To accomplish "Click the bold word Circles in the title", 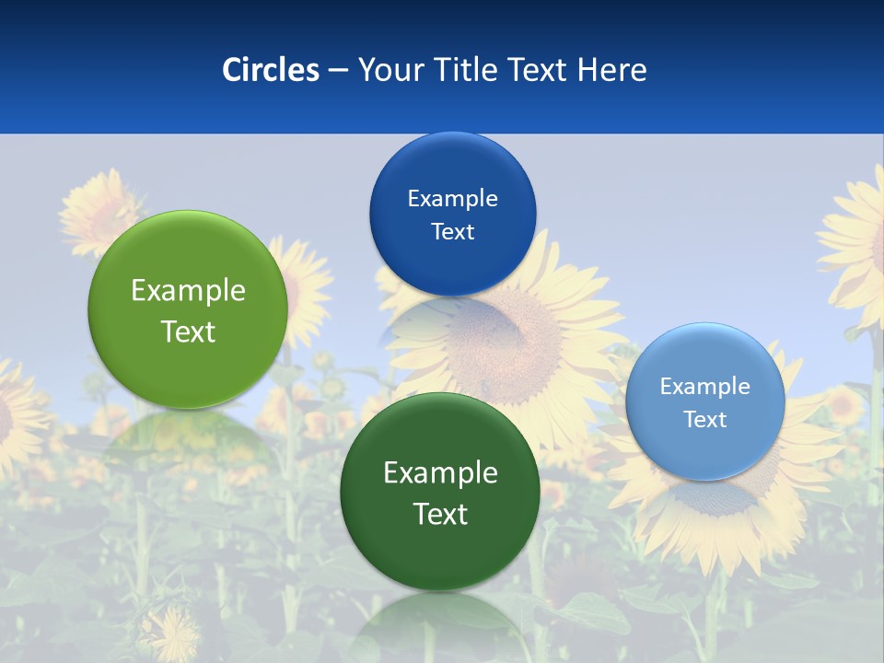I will click(x=270, y=70).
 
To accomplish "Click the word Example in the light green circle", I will click(x=188, y=291).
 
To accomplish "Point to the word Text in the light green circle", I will click(x=188, y=331).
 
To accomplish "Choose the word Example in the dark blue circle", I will click(x=452, y=199).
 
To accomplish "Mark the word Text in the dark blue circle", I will click(x=452, y=232).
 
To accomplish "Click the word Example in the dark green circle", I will click(x=440, y=473).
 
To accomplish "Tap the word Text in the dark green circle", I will click(x=440, y=514).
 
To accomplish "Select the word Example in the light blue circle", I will click(x=704, y=387).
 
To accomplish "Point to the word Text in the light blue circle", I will click(x=704, y=420).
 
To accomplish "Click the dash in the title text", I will click(x=337, y=71).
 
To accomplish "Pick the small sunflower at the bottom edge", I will click(x=170, y=634).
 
